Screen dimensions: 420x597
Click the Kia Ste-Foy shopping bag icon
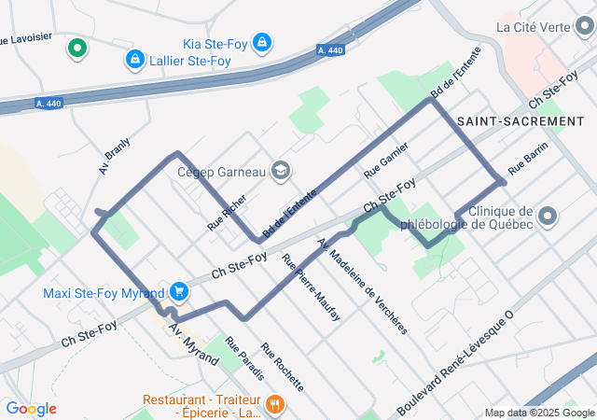pos(263,43)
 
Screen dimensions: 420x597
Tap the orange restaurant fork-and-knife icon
pos(274,404)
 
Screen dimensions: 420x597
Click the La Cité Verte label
pos(533,26)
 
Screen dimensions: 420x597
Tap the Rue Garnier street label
pos(386,161)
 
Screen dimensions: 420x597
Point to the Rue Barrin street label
pos(527,161)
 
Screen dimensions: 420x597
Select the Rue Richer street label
pos(227,213)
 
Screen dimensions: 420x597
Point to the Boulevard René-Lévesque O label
pos(456,365)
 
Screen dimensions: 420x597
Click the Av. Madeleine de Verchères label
pos(363,286)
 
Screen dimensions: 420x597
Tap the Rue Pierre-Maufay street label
pos(311,287)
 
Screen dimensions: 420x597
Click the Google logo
pos(31,409)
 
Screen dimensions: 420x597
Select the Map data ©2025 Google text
pos(539,413)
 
